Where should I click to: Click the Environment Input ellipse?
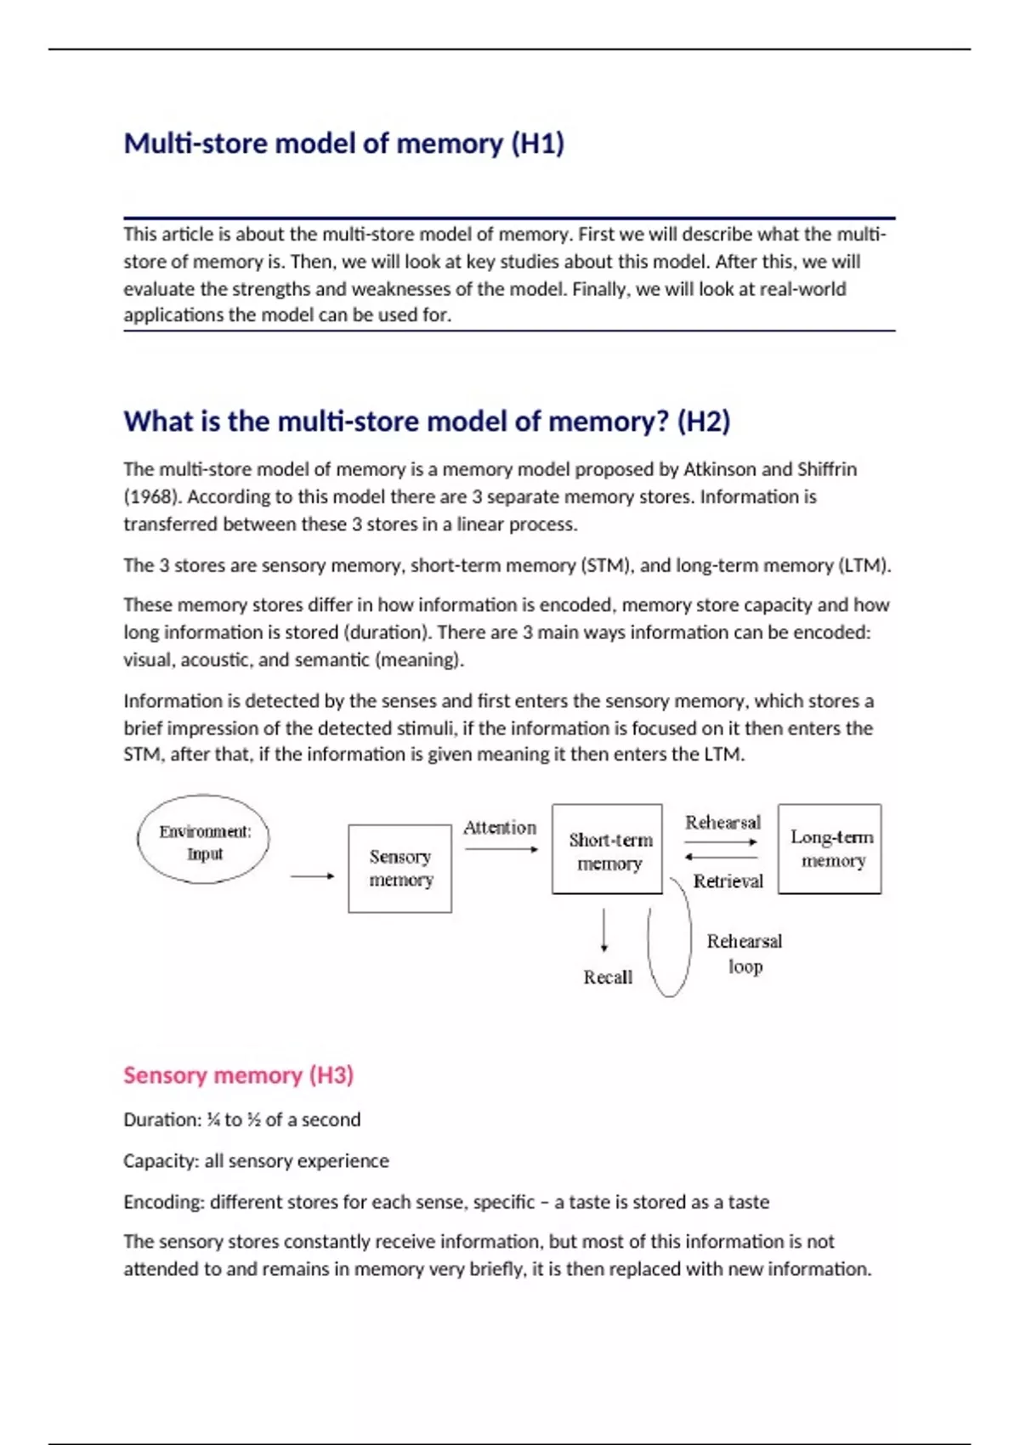[204, 840]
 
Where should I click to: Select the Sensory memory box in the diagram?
[399, 868]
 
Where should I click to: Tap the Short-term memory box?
[607, 849]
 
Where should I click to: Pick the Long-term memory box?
[830, 848]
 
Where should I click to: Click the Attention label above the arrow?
[500, 827]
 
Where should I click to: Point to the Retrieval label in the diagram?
[728, 881]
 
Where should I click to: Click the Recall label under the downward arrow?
[607, 977]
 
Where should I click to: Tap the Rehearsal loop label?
[744, 953]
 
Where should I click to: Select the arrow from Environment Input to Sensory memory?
[312, 875]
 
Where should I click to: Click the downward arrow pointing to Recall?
[603, 931]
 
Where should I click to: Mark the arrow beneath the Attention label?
[501, 849]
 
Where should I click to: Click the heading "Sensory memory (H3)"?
[238, 1075]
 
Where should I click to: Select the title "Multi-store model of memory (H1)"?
[343, 143]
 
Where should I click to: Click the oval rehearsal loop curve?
[670, 939]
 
